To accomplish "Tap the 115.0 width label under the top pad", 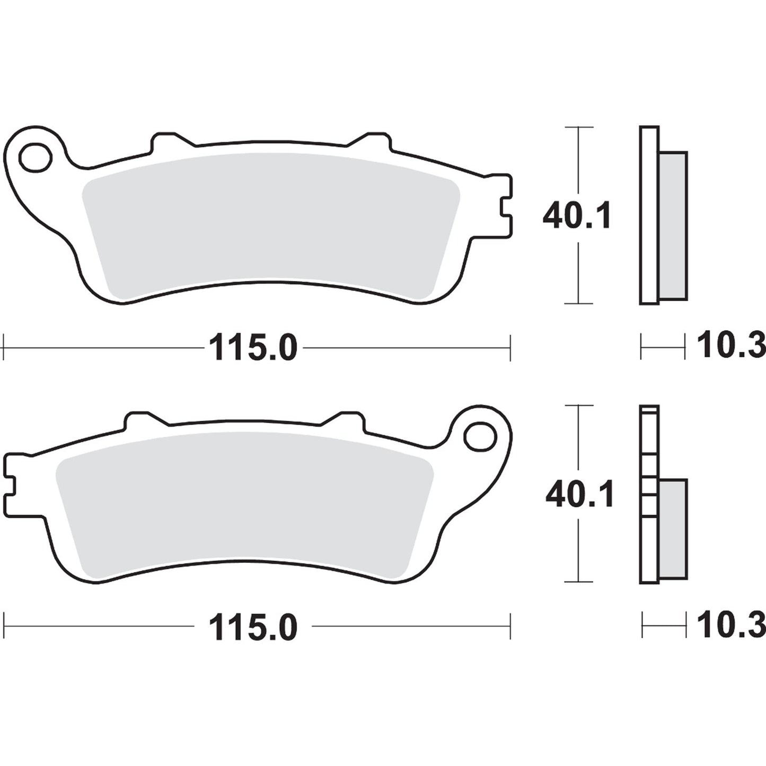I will [253, 349].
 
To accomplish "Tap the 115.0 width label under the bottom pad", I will [253, 628].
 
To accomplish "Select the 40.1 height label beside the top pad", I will [577, 216].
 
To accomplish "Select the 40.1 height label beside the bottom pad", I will [579, 495].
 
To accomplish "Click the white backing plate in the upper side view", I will [649, 215].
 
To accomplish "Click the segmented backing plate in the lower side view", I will [649, 495].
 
